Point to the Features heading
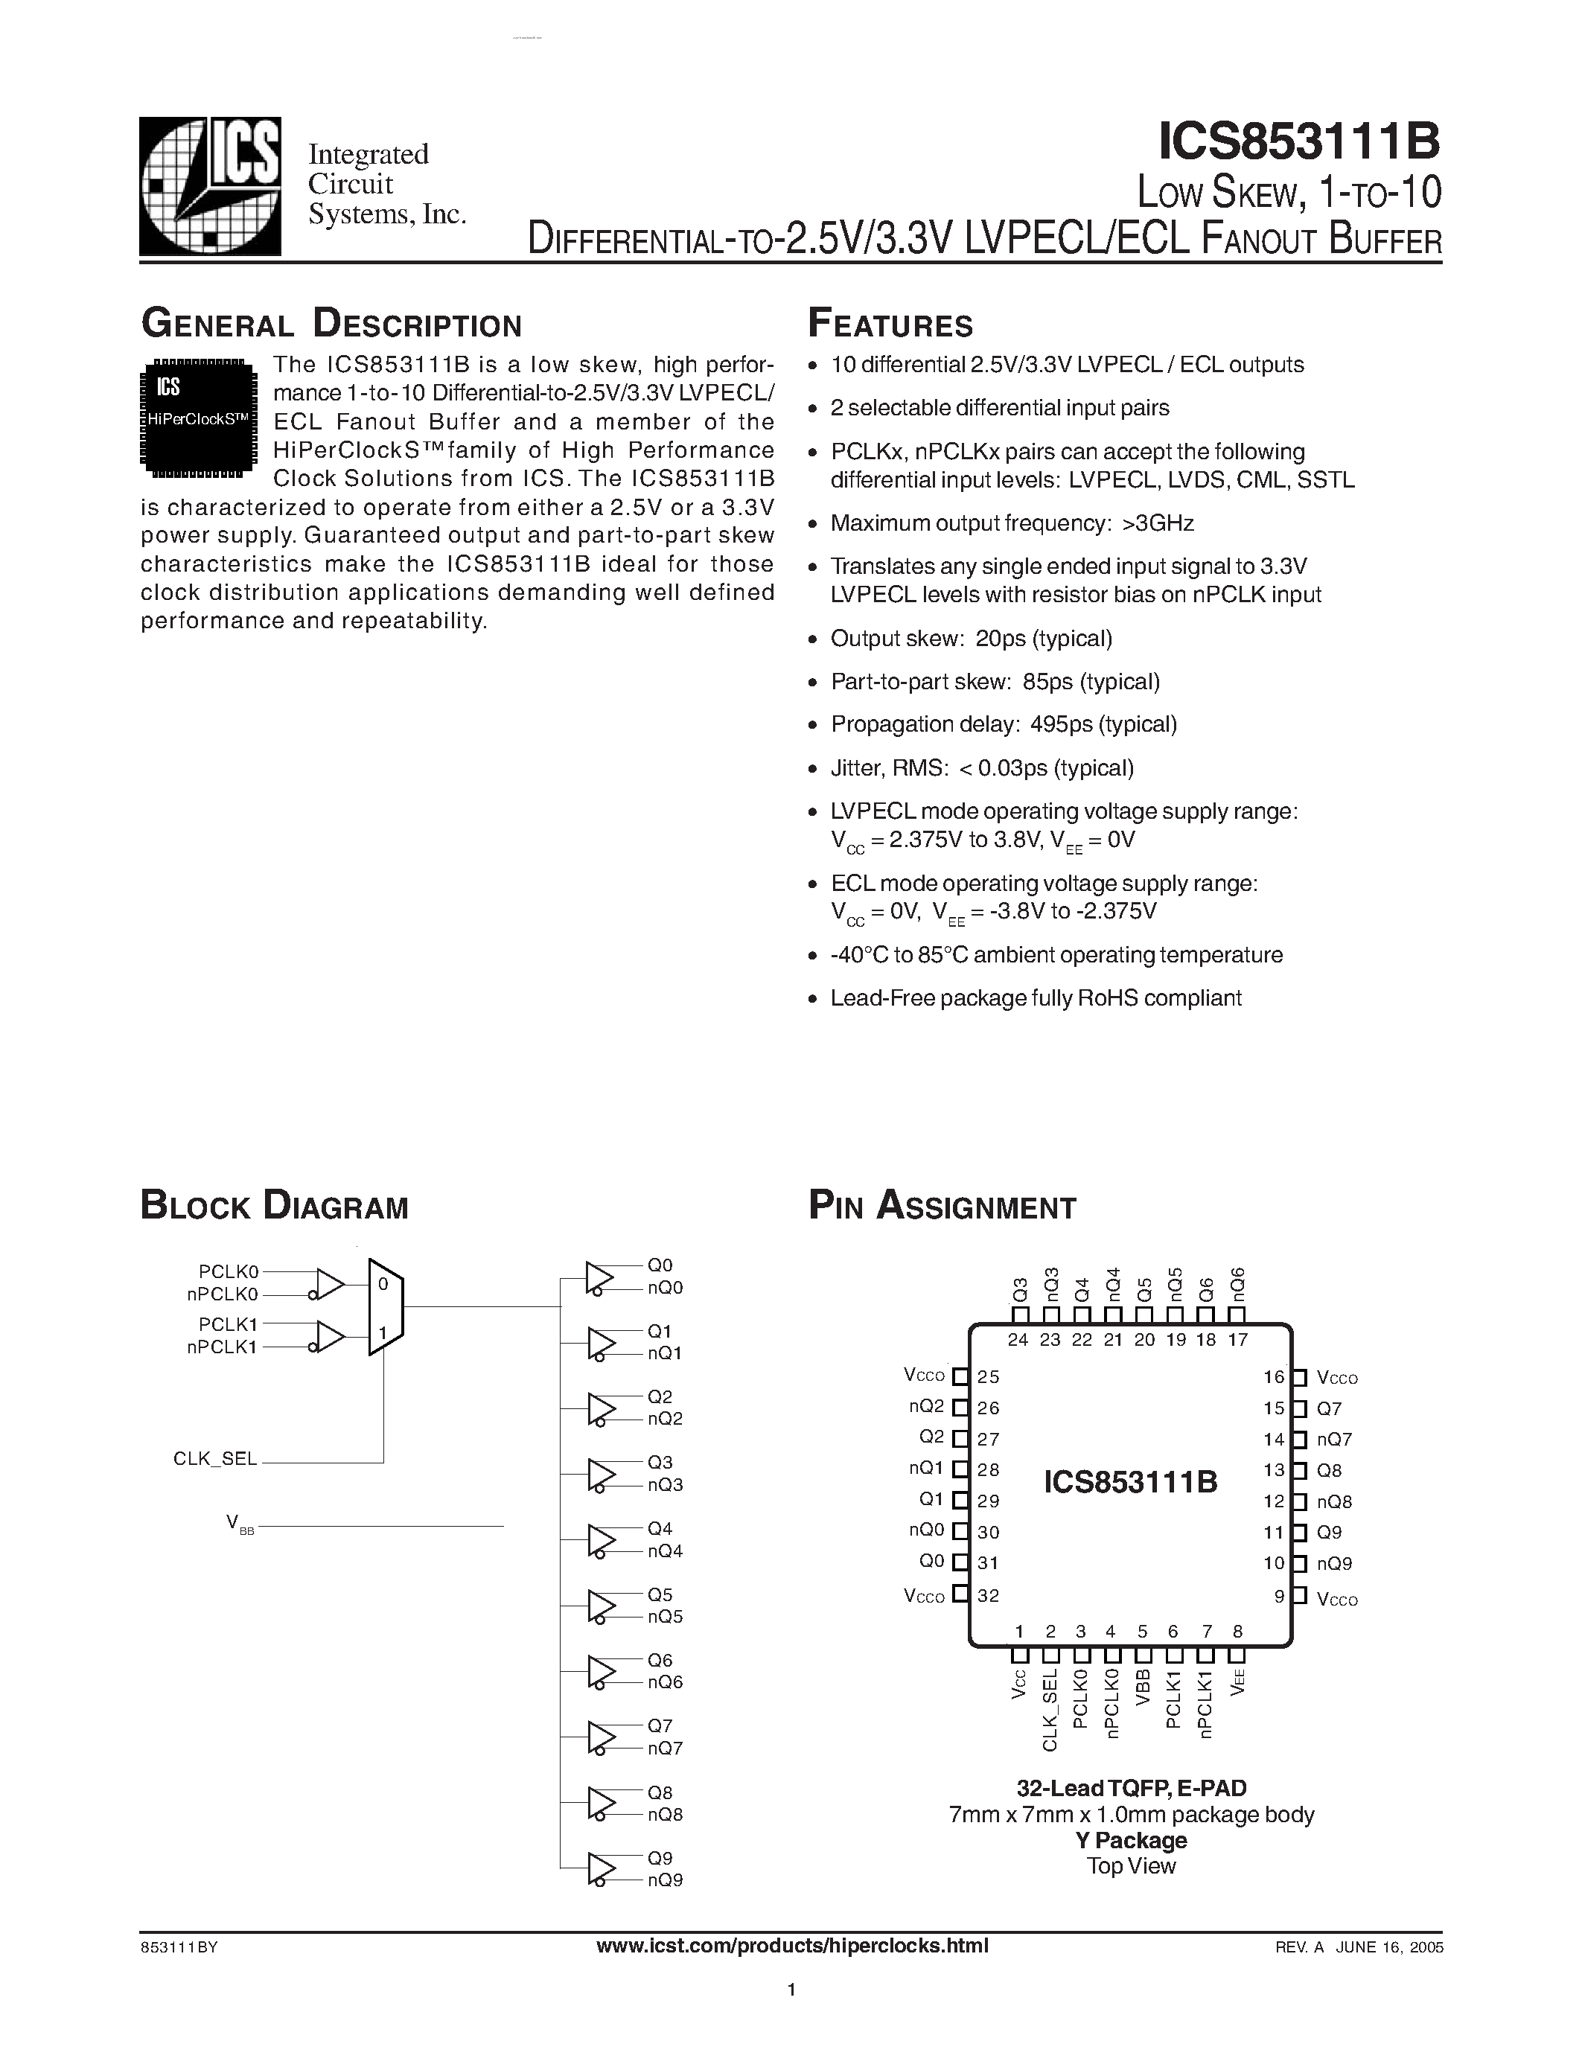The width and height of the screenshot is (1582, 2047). point(890,325)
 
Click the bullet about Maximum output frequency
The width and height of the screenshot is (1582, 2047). point(1012,523)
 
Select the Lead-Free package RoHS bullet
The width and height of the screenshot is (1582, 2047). point(1036,998)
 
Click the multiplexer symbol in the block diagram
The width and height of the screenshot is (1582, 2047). point(385,1306)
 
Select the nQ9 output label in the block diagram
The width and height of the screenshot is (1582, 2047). point(665,1880)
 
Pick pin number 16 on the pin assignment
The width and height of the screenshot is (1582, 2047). point(1274,1377)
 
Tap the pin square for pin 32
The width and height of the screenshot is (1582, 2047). point(960,1594)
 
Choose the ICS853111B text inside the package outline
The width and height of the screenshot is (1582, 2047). point(1130,1482)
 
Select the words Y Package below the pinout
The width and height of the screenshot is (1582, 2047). point(1131,1840)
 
